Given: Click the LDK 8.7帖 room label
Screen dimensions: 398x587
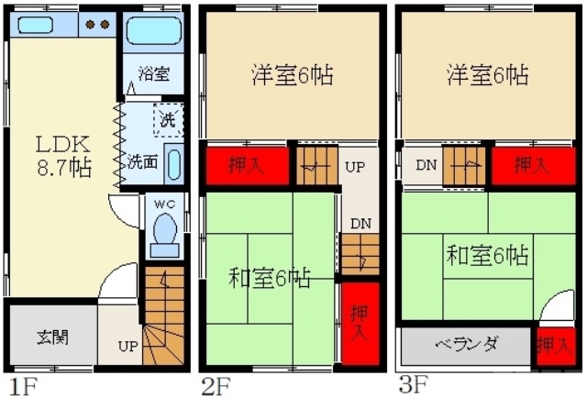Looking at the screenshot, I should coord(62,156).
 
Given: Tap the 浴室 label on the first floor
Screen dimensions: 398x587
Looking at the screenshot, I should coord(150,72).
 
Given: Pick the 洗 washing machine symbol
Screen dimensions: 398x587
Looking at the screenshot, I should coord(168,119).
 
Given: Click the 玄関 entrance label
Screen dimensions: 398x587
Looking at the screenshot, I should coord(51,336).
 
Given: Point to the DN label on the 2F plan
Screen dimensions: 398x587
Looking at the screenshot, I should coord(360,222).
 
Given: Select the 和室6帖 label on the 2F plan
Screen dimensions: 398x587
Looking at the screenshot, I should coord(268,277).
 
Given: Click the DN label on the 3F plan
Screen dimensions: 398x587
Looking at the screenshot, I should coord(425,165).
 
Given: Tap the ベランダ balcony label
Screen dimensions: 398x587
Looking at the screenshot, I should coord(466,345).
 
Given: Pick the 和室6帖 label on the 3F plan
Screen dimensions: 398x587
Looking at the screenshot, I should coord(486,253).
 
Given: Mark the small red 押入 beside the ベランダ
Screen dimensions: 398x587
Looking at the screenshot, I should coord(552,347).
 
